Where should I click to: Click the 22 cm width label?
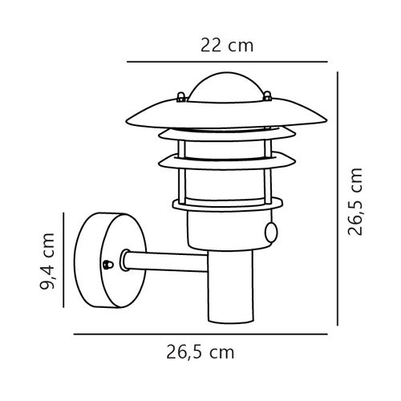click(226, 45)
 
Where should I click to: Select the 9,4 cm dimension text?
click(50, 262)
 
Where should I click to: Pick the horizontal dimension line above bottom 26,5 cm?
click(200, 332)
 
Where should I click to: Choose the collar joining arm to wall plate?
click(124, 261)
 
